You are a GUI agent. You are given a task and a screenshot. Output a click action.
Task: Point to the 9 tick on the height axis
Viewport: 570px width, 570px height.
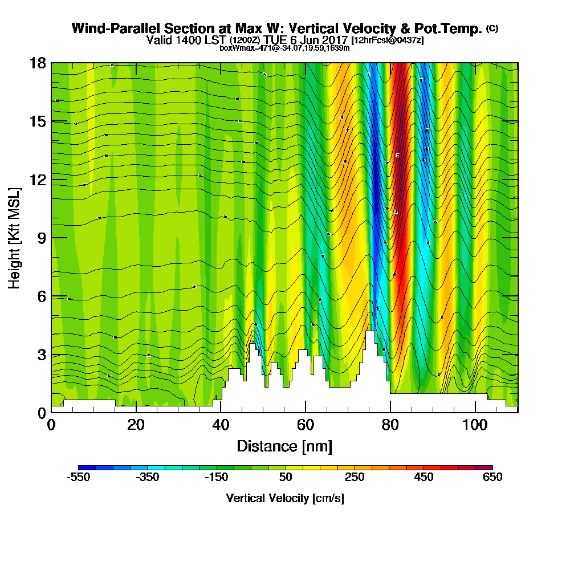51,238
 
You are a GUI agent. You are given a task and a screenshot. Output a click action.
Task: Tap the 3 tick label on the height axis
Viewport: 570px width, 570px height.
41,355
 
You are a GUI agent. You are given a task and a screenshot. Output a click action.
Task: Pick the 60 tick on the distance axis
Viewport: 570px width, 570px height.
306,413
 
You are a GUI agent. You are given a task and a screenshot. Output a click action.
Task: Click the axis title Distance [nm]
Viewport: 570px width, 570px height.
284,446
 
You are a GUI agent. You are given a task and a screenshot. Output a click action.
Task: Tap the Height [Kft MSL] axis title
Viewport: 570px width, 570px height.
15,238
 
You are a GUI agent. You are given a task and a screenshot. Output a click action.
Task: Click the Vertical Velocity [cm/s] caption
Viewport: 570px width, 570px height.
284,498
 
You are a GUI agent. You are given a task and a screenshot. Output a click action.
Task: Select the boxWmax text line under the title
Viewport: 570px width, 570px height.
284,48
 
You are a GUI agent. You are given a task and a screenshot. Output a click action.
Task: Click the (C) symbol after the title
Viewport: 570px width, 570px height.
492,28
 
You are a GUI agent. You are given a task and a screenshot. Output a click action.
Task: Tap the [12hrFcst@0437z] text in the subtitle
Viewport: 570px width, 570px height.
388,40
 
